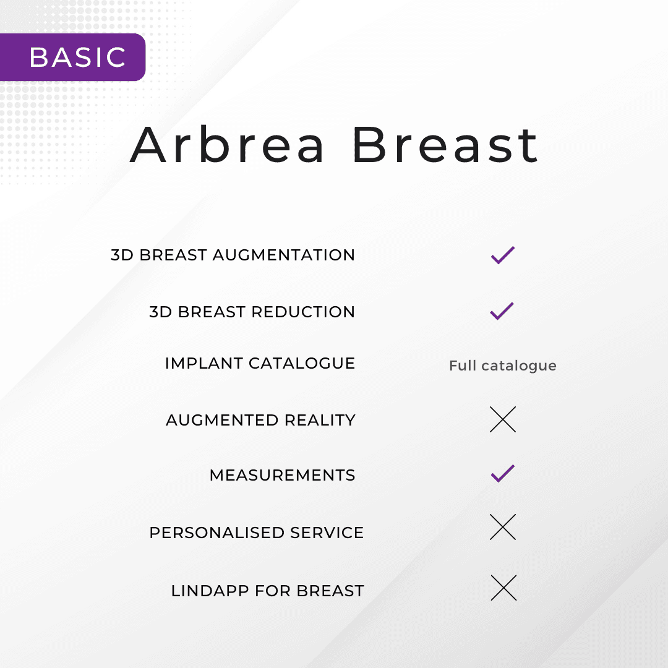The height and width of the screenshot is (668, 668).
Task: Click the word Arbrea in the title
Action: (228, 145)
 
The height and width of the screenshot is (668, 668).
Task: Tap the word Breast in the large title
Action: (445, 145)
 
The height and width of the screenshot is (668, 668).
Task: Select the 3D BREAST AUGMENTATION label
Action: (233, 255)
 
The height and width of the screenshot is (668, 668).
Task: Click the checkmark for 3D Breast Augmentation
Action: (502, 255)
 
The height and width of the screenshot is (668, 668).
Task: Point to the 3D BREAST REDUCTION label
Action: (252, 312)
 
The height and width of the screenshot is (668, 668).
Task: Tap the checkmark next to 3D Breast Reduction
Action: (502, 310)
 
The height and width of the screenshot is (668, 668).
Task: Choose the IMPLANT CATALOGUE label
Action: (260, 363)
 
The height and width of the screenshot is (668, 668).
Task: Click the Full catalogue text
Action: (502, 366)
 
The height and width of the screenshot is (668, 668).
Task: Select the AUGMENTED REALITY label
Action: (260, 420)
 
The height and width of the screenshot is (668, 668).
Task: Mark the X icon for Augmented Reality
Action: (502, 419)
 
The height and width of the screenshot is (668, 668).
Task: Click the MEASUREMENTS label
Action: (282, 475)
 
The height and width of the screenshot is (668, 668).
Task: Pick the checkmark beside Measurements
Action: (502, 474)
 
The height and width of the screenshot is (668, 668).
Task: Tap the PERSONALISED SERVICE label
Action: (256, 533)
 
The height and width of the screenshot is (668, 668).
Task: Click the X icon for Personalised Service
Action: (502, 527)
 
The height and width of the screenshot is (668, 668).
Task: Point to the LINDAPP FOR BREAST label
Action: (267, 591)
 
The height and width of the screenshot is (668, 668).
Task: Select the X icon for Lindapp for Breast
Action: (503, 588)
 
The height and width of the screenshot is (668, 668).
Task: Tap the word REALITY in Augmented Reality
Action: (320, 420)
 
